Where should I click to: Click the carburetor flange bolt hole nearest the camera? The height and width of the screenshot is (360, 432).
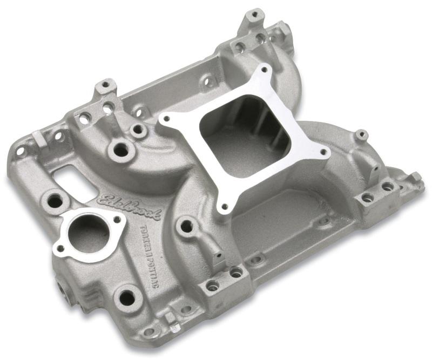[224, 206]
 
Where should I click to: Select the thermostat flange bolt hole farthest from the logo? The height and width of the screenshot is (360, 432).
[60, 249]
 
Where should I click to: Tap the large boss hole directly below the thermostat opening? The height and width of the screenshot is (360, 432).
[127, 297]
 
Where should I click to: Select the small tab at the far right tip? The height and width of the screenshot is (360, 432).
[416, 178]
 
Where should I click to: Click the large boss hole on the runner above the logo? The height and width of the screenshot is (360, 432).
[122, 151]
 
